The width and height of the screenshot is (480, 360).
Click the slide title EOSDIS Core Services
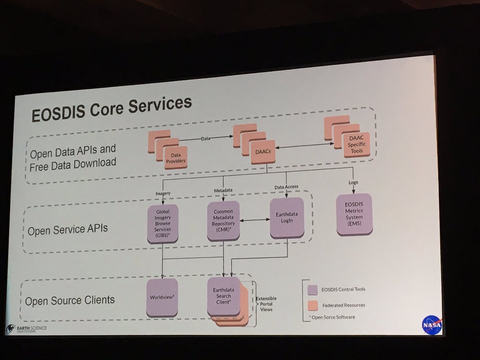112,108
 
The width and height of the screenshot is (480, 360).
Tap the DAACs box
263,152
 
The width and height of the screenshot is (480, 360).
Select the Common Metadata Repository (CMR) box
223,221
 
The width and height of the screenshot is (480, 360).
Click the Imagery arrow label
163,194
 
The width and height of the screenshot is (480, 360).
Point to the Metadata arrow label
224,190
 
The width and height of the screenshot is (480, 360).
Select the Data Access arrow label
286,187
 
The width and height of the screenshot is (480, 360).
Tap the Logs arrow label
353,182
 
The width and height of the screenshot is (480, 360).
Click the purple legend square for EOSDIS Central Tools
313,290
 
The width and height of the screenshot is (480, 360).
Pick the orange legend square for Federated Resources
313,305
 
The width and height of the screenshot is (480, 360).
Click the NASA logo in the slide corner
432,325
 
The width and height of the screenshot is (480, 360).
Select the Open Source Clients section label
70,300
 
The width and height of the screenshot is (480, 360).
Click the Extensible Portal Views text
266,304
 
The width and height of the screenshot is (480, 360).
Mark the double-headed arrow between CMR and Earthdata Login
255,220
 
